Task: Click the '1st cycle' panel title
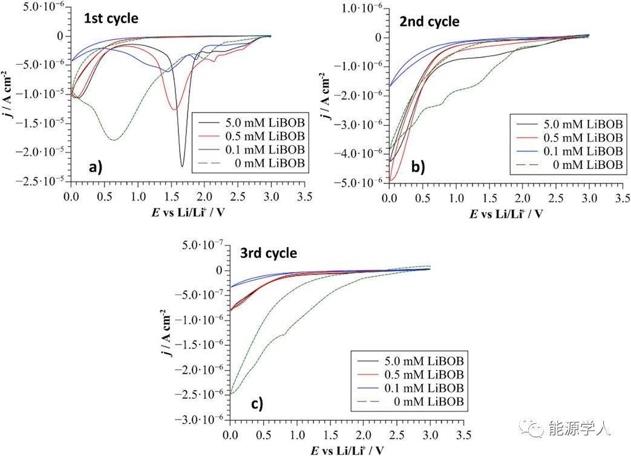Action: point(111,18)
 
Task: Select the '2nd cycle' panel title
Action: point(430,22)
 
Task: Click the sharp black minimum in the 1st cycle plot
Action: point(182,166)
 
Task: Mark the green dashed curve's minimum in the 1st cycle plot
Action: point(113,140)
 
